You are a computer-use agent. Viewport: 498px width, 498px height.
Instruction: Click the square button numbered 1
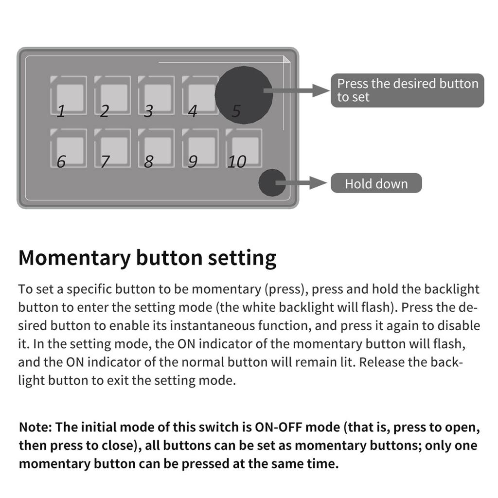click(69, 95)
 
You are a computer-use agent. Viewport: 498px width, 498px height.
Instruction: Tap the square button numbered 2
click(112, 95)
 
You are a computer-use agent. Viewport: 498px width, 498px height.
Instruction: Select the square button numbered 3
click(156, 95)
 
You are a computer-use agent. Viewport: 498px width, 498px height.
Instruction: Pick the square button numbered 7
click(112, 148)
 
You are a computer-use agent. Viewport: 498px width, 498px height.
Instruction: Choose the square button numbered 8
click(156, 148)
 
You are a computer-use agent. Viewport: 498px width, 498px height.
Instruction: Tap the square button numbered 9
click(200, 148)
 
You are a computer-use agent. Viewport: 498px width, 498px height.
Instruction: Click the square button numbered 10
click(244, 148)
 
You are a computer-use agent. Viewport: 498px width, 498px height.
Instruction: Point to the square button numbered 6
click(69, 148)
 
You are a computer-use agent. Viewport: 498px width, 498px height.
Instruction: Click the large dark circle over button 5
click(243, 95)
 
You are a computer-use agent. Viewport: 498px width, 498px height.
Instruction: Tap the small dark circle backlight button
click(272, 183)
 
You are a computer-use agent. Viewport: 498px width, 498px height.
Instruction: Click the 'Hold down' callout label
click(376, 183)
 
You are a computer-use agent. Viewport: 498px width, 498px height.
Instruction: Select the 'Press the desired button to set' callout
click(407, 90)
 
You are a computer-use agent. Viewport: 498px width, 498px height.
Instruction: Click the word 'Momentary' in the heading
click(74, 258)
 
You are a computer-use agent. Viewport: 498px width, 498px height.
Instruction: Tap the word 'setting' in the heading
click(242, 258)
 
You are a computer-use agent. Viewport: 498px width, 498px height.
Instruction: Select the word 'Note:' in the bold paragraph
click(36, 427)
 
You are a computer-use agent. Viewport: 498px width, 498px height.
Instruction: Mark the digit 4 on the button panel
click(193, 112)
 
